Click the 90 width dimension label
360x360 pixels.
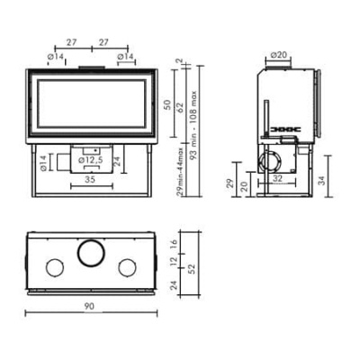point(89,307)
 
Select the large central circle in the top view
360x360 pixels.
point(90,253)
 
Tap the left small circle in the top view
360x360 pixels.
point(53,266)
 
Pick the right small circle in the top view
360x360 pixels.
point(128,266)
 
